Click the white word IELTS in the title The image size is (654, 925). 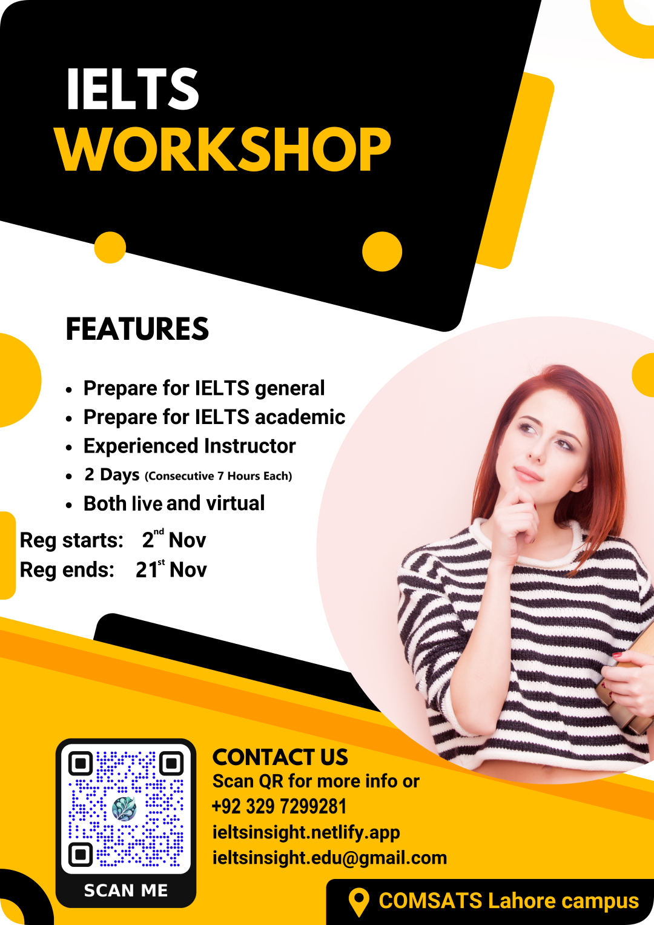[x=133, y=89]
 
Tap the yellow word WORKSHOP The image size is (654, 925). [x=223, y=149]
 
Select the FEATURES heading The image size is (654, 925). [x=137, y=329]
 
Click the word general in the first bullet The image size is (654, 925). [x=289, y=389]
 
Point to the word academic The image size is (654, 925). [x=300, y=417]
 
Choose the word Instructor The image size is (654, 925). [x=249, y=446]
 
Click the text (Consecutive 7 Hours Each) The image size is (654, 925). [x=219, y=476]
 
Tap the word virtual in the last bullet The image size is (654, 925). [x=236, y=503]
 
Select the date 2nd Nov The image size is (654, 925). [x=174, y=539]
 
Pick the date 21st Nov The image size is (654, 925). [x=171, y=569]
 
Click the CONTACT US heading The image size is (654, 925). [x=280, y=757]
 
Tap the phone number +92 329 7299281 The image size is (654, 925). [x=279, y=806]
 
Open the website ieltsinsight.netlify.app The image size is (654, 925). [x=306, y=833]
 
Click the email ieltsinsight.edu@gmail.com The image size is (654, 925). [x=329, y=858]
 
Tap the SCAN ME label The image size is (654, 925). [x=126, y=890]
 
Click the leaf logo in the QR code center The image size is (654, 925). [x=124, y=808]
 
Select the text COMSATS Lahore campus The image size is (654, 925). [x=509, y=901]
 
